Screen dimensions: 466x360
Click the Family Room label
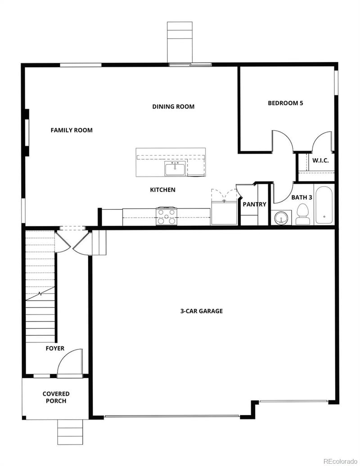click(x=72, y=130)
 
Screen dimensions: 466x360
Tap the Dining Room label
click(x=173, y=107)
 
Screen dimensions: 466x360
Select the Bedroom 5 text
click(x=285, y=103)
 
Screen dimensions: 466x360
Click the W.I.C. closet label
click(x=320, y=161)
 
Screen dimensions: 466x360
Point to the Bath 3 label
click(x=301, y=197)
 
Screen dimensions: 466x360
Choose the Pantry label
click(x=254, y=204)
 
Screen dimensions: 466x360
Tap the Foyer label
click(x=55, y=348)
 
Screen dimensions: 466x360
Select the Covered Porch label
click(x=56, y=397)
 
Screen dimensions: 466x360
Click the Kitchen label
click(x=162, y=190)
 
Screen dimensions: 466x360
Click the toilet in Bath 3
click(x=302, y=214)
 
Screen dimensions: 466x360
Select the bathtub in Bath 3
click(x=324, y=205)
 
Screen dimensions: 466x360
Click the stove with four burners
click(x=166, y=216)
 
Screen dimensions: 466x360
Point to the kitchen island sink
click(x=175, y=169)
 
